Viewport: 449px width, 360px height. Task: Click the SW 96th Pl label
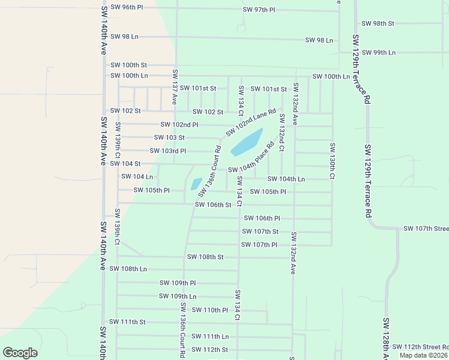click(127, 7)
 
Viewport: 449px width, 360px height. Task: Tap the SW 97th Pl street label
click(259, 10)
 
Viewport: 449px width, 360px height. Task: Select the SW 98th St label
click(378, 23)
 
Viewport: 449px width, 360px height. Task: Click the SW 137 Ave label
click(175, 87)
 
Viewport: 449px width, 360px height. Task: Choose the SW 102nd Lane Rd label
click(250, 122)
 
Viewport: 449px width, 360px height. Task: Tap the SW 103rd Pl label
click(167, 151)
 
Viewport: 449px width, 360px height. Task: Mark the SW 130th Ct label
click(331, 160)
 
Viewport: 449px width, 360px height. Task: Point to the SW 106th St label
click(213, 205)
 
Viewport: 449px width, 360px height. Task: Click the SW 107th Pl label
click(259, 245)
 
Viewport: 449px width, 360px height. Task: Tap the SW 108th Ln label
click(128, 269)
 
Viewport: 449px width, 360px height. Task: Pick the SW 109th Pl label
click(178, 283)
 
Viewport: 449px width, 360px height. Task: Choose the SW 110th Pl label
click(209, 310)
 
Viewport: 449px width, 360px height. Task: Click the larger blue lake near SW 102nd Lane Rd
click(247, 142)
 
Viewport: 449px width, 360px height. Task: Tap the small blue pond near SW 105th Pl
click(196, 184)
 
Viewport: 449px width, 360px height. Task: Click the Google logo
click(20, 353)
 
